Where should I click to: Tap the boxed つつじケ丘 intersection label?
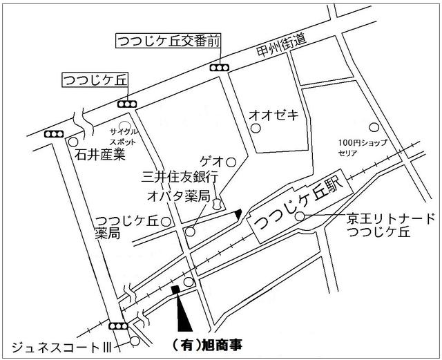(95, 79)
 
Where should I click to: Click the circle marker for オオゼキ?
(256, 129)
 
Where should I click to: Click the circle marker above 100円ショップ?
(373, 127)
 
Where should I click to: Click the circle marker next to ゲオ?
(231, 162)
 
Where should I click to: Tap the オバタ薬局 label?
(177, 196)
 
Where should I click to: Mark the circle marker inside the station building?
(299, 217)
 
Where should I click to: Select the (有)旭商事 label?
(206, 343)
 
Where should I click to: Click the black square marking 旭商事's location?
(175, 290)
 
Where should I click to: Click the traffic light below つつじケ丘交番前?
(220, 68)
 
